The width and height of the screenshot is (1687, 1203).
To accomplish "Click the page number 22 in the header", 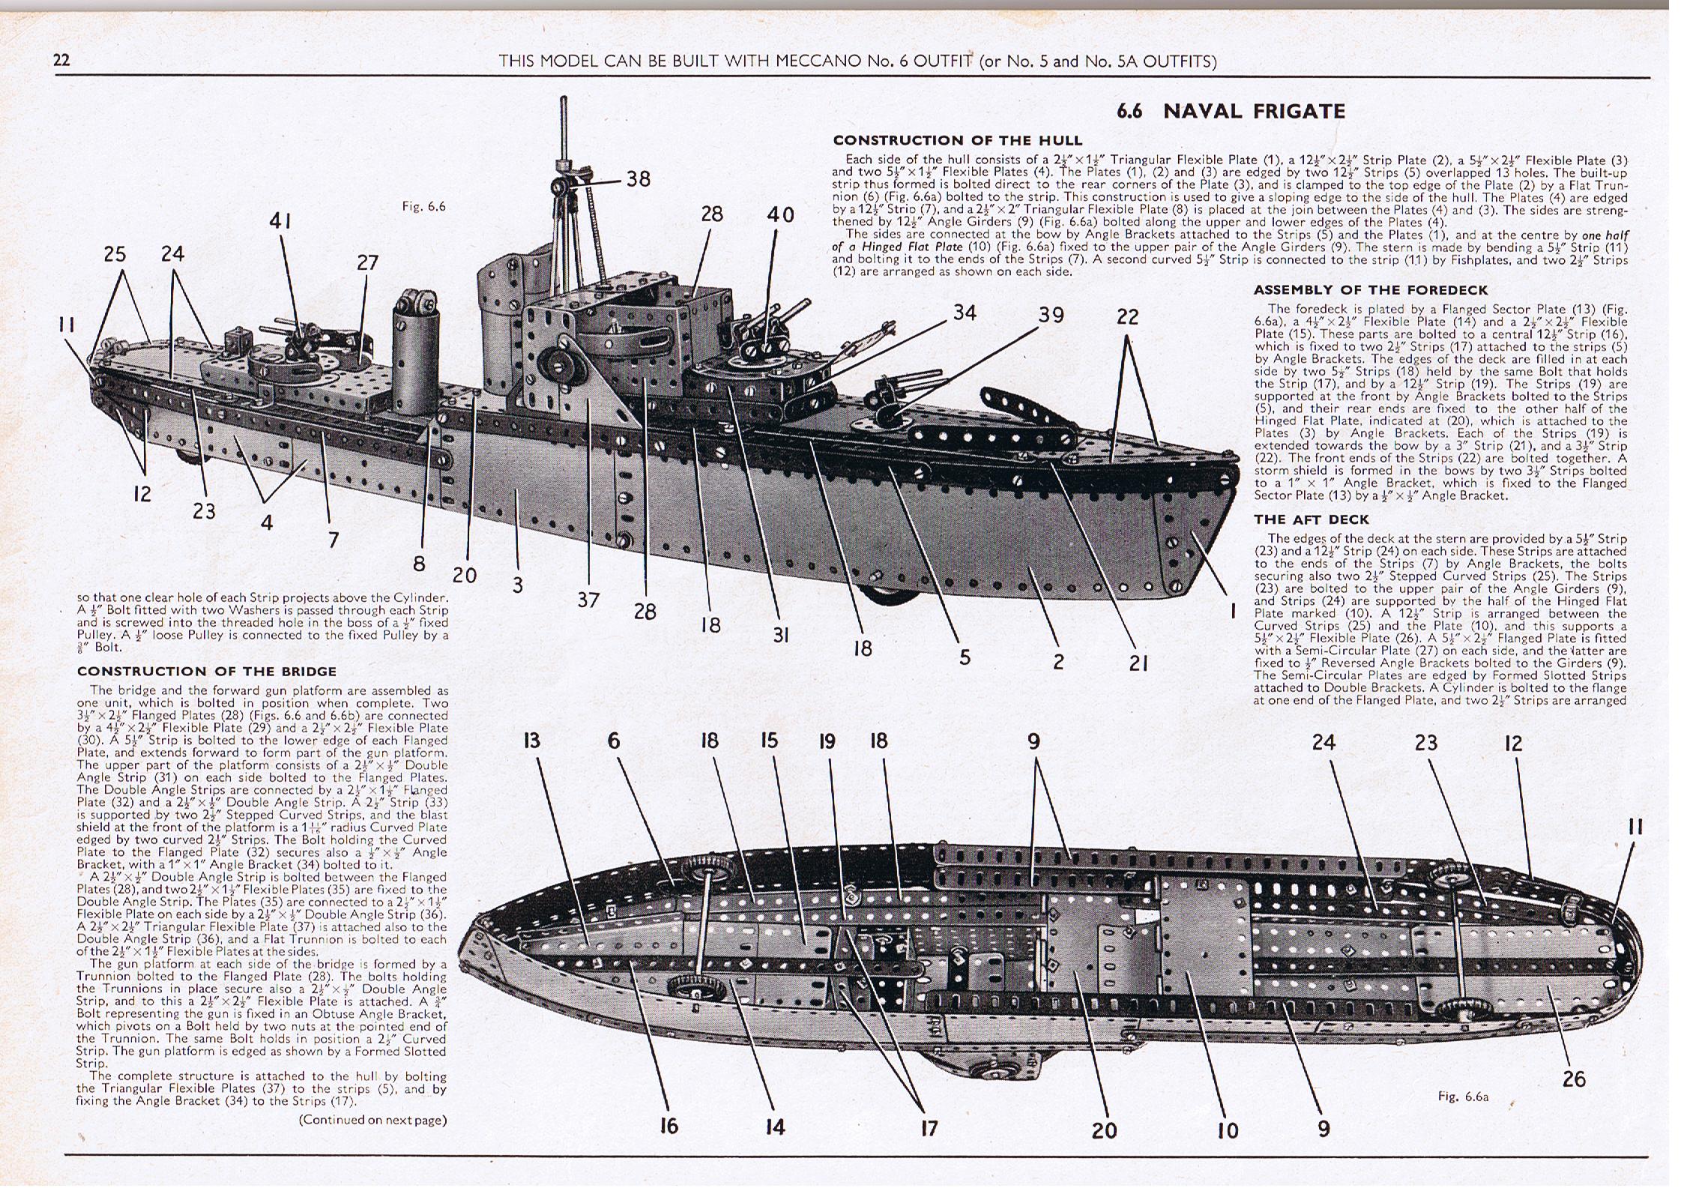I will coord(61,61).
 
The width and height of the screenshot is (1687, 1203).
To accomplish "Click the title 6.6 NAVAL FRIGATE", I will coord(1231,112).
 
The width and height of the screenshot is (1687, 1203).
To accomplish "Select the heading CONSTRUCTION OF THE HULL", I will coord(957,140).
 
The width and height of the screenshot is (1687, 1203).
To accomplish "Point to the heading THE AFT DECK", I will coord(1311,519).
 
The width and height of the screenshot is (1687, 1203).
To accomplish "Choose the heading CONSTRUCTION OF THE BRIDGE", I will coord(206,671).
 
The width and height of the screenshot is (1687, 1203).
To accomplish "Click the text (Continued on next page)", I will coord(372,1120).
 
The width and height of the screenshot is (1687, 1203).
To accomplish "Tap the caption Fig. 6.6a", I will coord(1463,1097).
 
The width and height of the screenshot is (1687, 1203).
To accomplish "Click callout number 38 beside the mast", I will coord(639,178).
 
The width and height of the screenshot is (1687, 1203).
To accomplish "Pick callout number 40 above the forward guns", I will coord(779,214).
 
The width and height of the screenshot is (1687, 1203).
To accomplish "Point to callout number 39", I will coord(1051,315).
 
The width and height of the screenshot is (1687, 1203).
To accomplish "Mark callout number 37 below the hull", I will coord(588,600).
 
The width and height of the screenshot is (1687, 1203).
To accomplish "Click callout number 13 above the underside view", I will coord(531,741).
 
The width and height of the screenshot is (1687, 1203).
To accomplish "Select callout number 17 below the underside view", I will coord(929,1128).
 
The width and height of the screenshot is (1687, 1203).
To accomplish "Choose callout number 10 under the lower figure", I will coord(1228,1130).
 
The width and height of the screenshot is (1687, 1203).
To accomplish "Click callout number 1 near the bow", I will coord(1233,612).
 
